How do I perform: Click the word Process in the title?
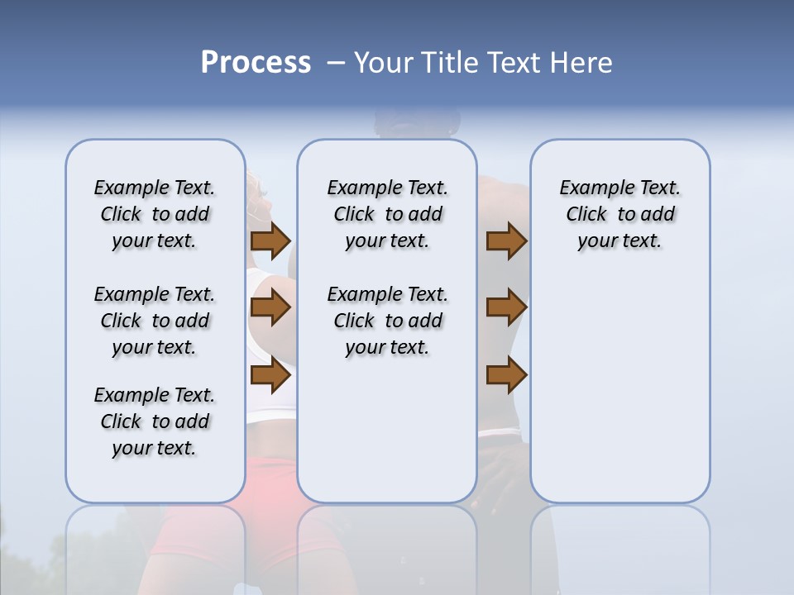click(x=256, y=63)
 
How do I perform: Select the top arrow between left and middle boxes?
click(x=270, y=241)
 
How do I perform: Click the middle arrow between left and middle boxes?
click(x=270, y=308)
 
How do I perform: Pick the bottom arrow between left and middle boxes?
click(x=270, y=376)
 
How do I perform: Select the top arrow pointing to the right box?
click(x=506, y=241)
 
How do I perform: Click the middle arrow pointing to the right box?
click(x=506, y=308)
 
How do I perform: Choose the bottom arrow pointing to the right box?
click(x=506, y=376)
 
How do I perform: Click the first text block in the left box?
click(x=155, y=214)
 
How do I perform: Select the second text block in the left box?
click(x=155, y=321)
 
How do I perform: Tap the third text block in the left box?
click(x=155, y=421)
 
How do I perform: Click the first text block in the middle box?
click(x=387, y=214)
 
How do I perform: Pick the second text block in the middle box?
click(x=387, y=321)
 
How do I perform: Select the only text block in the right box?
click(x=619, y=214)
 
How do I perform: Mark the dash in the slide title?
click(x=336, y=63)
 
